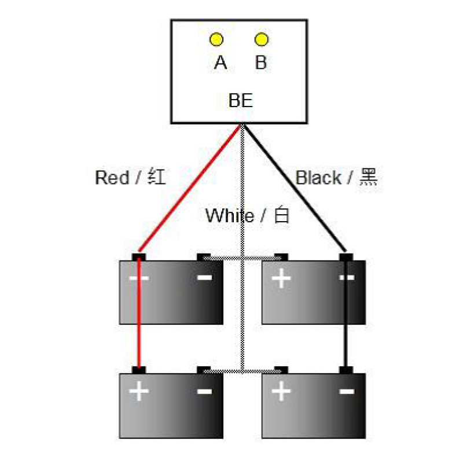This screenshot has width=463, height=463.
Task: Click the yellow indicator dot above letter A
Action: pos(216,39)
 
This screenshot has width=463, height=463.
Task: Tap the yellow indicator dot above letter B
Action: pos(262,39)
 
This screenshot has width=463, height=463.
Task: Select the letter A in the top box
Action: pos(220,63)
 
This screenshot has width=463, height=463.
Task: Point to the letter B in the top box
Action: pos(261,63)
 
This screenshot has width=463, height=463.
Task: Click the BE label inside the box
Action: pos(240,101)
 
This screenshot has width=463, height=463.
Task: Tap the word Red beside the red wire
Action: pos(112,178)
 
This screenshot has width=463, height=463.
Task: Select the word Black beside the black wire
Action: pos(318,178)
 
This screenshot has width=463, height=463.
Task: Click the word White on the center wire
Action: pos(229,216)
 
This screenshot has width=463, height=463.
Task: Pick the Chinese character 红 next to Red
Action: pos(156,177)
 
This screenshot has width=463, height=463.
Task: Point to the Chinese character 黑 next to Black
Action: pos(368,177)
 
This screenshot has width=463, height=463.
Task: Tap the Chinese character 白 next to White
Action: pos(281,215)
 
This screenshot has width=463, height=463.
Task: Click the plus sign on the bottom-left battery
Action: pos(139,392)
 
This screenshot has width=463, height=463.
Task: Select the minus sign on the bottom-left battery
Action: pos(204,392)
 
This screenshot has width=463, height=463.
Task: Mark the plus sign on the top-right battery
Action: pos(281,278)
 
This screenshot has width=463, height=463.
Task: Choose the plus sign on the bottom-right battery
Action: pos(281,392)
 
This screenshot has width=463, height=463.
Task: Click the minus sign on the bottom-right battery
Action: pos(347,392)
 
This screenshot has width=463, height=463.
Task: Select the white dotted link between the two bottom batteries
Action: pos(242,370)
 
